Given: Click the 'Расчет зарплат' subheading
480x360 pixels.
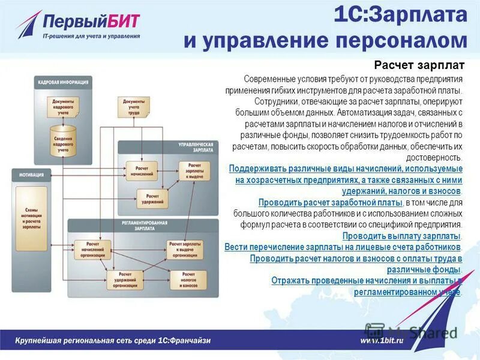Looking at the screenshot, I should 419,65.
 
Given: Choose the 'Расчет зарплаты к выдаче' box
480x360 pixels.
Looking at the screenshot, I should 195,170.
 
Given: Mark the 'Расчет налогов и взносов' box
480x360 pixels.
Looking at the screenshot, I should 188,279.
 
